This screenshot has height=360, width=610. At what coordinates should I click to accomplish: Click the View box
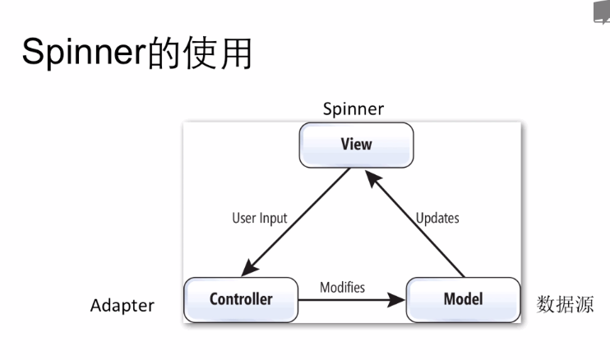(356, 145)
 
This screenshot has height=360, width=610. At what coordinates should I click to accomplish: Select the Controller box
(240, 299)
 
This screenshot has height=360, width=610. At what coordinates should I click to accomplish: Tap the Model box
(463, 299)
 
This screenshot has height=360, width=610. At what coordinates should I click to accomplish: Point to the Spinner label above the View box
(354, 108)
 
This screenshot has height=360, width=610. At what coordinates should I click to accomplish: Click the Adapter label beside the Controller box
(122, 306)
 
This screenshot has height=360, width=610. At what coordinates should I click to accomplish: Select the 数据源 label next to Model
(564, 305)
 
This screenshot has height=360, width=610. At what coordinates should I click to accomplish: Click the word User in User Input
(245, 219)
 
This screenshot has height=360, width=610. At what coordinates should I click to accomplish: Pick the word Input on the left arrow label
(274, 219)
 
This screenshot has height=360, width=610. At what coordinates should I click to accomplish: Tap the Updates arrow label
(437, 219)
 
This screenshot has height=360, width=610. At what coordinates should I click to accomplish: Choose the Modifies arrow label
(342, 288)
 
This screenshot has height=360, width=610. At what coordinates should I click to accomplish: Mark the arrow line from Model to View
(419, 226)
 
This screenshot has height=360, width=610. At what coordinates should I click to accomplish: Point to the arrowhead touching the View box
(372, 173)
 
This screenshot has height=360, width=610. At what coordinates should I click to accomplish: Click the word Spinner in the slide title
(83, 53)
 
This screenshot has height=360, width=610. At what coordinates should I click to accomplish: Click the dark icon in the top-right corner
(602, 12)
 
